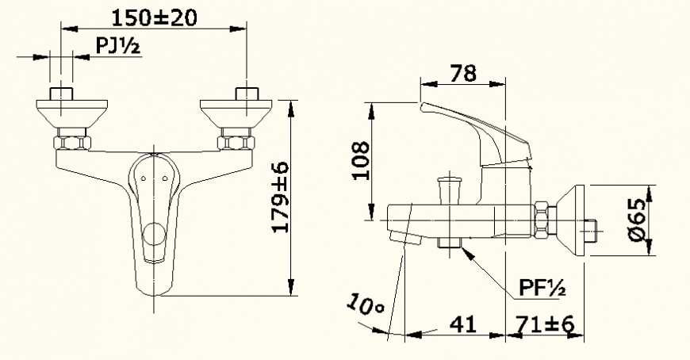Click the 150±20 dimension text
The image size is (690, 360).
(x=154, y=16)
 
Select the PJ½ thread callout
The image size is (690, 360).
(x=118, y=47)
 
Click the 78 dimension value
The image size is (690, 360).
(x=463, y=73)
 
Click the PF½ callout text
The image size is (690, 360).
(x=542, y=288)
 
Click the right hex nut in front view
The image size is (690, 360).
(x=236, y=144)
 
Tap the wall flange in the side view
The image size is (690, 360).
(x=571, y=220)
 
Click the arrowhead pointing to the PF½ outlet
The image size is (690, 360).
(x=466, y=253)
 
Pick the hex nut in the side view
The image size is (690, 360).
(x=541, y=220)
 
